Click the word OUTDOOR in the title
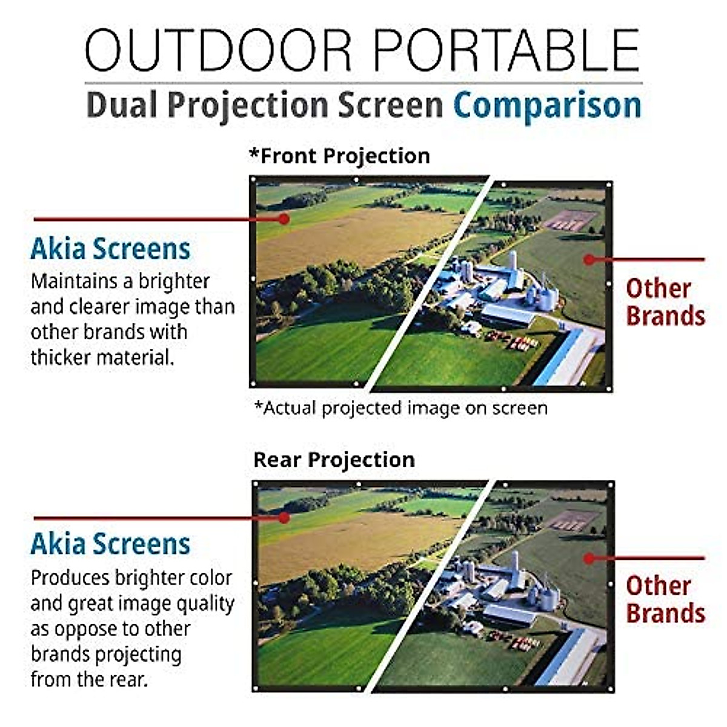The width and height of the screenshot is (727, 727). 218,50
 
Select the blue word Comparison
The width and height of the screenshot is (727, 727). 548,106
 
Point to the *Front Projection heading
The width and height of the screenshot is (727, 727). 339,156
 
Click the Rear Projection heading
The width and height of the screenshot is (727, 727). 334,460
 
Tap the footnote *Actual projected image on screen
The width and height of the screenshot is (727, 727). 401,408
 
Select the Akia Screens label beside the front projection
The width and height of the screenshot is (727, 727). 110,248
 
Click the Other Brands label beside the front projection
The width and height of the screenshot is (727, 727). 665,302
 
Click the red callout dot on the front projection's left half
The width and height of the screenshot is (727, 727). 284,219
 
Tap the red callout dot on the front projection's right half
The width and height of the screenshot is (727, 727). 589,259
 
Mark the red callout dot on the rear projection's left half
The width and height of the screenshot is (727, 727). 284,517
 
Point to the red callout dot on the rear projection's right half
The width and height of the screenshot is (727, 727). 589,559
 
